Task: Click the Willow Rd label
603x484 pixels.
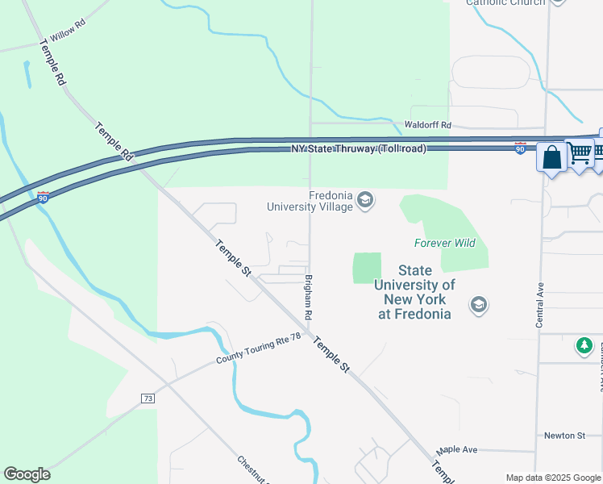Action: (67, 33)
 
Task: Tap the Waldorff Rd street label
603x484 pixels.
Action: (428, 126)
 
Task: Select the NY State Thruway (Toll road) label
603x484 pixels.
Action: (359, 149)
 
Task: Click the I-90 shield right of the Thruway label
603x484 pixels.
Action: (521, 148)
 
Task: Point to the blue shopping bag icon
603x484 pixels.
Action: (552, 156)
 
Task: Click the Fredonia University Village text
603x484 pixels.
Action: (310, 201)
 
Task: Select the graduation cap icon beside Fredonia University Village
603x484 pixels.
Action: (365, 200)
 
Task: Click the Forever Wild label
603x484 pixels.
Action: (445, 243)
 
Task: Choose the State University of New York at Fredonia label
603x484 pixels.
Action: (414, 292)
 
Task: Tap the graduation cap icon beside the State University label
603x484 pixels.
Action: (479, 305)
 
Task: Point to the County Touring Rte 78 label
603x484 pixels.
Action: (258, 348)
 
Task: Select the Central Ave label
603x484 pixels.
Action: (539, 304)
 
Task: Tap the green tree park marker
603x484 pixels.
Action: (584, 346)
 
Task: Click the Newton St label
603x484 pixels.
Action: (563, 436)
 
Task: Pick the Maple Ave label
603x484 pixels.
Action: (457, 449)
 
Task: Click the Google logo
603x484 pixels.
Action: (27, 474)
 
